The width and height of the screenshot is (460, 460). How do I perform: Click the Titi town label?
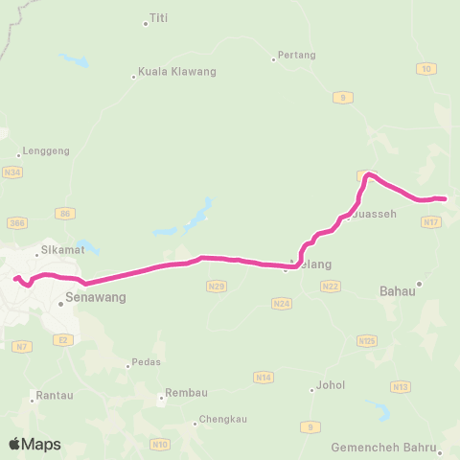(159, 18)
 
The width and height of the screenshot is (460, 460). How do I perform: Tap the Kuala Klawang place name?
(177, 72)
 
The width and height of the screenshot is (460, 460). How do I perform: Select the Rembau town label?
(186, 394)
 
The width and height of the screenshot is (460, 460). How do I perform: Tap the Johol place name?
(330, 388)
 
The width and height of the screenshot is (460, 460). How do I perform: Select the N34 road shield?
(11, 172)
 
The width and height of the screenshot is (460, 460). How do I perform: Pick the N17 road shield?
(429, 221)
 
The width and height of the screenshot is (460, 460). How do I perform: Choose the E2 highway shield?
(63, 339)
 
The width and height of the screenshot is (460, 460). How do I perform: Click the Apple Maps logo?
(35, 444)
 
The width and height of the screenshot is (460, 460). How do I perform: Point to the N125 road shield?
(366, 340)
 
